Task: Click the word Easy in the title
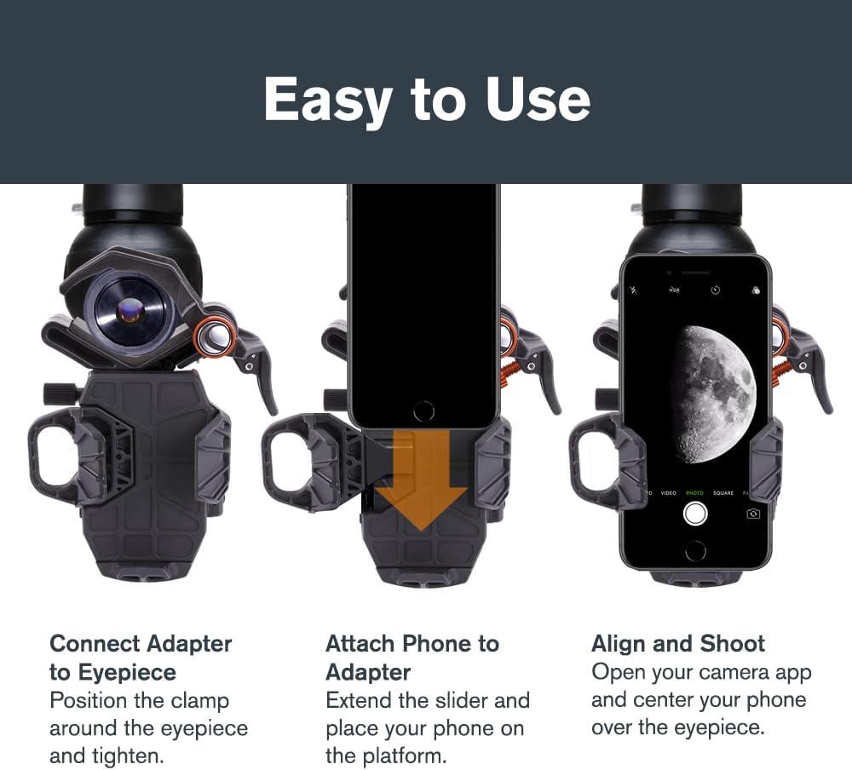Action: (327, 101)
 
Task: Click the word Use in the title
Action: (538, 101)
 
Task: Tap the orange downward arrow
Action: (422, 491)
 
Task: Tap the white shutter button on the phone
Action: (696, 513)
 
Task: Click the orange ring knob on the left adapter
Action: (215, 339)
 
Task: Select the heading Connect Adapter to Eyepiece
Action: (141, 658)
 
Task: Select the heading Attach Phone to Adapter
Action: (412, 658)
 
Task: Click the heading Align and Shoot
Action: (678, 643)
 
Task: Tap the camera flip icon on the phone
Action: (753, 514)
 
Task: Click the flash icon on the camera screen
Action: (633, 290)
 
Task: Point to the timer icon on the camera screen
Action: (716, 290)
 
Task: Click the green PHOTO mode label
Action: (694, 493)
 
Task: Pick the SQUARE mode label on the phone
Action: (722, 493)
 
